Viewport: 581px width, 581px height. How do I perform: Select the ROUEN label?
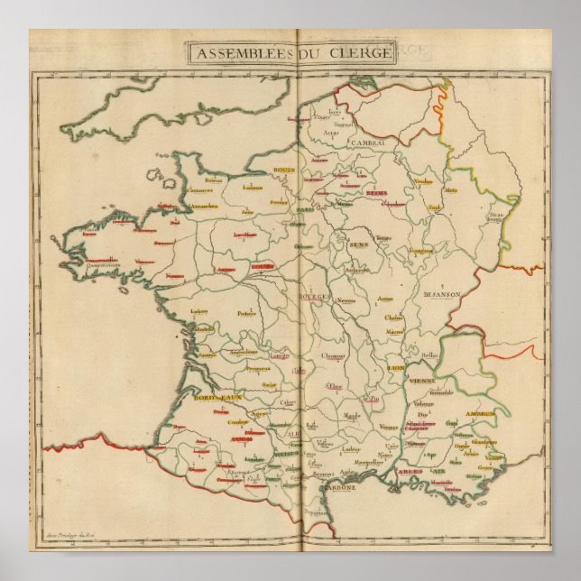coord(261,170)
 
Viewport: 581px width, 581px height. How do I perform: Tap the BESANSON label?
coord(441,294)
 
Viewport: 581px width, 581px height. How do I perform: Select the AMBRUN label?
coord(479,413)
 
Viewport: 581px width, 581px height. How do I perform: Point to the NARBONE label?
coord(338,487)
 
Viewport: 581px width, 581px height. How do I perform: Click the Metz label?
coord(451,190)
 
